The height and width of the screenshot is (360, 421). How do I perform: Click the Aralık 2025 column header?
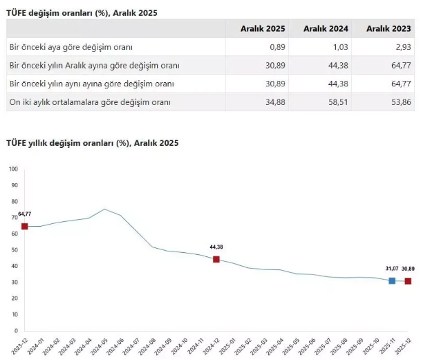[263, 28]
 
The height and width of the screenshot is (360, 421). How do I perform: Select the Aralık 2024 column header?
[325, 28]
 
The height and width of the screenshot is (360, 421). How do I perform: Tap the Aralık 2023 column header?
[388, 28]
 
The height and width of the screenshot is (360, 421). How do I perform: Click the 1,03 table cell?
[339, 47]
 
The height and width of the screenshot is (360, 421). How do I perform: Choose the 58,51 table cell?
[337, 102]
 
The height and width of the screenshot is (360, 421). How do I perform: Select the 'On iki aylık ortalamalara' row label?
[90, 102]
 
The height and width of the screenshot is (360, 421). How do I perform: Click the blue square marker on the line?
[392, 281]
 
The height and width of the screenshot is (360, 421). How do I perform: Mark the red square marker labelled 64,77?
[25, 226]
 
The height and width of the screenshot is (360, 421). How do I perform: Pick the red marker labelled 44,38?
[216, 259]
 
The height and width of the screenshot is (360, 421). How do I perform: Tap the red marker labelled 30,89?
[408, 281]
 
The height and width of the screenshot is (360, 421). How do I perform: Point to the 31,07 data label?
[393, 268]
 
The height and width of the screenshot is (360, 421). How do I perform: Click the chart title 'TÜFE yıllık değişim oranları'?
[92, 143]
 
